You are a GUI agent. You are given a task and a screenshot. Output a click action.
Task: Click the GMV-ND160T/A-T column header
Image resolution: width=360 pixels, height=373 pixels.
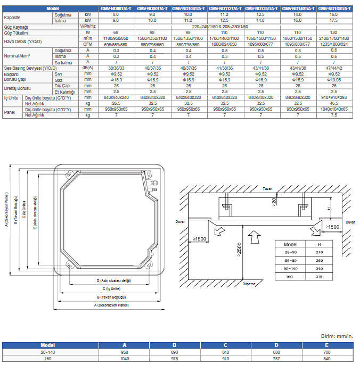(x=337, y=9)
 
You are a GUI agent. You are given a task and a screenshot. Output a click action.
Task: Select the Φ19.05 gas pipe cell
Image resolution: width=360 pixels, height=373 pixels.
(x=337, y=79)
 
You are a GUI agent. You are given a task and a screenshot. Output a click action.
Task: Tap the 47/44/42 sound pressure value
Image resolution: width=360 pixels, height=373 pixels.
(x=337, y=69)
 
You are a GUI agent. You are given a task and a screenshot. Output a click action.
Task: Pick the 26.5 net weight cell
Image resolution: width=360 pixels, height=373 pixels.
(x=116, y=103)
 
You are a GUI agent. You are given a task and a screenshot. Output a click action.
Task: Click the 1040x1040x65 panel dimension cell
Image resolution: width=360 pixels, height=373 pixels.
(x=337, y=109)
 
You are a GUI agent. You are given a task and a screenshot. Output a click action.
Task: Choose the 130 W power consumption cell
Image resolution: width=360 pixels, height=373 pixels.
(x=337, y=32)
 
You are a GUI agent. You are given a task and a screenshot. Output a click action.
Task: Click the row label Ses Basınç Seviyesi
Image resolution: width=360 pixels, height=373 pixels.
(x=30, y=69)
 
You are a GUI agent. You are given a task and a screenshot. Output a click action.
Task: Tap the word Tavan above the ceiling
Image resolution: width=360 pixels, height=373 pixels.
(x=267, y=189)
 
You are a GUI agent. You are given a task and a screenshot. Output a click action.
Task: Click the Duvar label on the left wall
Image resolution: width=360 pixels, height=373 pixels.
(x=182, y=220)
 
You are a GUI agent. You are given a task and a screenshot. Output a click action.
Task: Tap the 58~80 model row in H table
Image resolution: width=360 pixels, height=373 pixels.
(x=291, y=261)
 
